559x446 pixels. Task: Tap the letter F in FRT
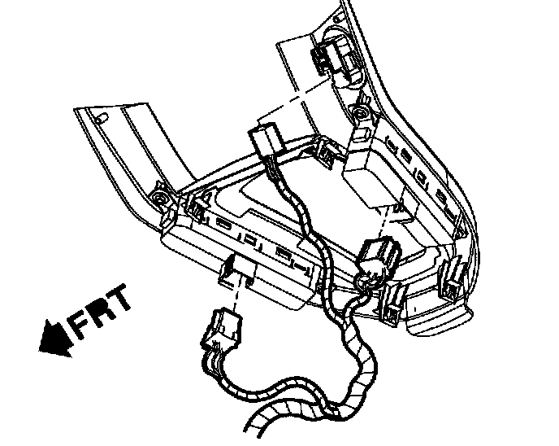pos(81,323)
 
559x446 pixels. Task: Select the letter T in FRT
pos(121,300)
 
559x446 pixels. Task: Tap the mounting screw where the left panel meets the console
pos(159,199)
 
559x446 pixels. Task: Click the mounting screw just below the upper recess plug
pos(357,109)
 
